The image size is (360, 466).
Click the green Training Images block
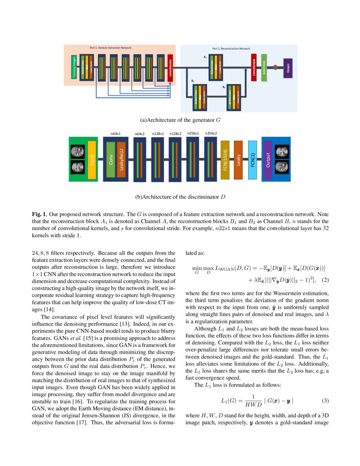[73, 67]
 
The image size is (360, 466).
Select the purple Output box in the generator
[288, 67]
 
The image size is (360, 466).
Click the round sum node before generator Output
[275, 67]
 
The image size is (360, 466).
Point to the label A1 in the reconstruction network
[205, 57]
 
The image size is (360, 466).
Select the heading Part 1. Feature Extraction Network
[111, 48]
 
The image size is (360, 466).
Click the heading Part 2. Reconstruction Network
[231, 49]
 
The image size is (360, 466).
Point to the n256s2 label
[211, 133]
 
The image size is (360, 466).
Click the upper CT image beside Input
[77, 151]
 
